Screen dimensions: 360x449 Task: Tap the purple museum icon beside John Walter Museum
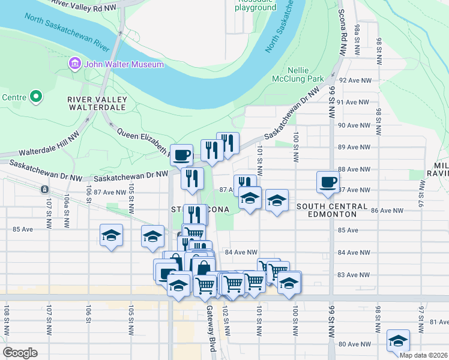pos(75,64)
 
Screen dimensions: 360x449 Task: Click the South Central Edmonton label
pos(331,211)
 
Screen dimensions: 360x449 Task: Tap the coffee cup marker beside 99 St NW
pos(328,182)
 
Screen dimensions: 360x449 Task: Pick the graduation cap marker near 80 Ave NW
pos(397,340)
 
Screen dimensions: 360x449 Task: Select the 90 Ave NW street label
pos(355,125)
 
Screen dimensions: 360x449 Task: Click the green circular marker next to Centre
pos(35,96)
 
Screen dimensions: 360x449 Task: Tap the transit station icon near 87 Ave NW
pos(44,190)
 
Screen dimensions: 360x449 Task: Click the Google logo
pos(20,352)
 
